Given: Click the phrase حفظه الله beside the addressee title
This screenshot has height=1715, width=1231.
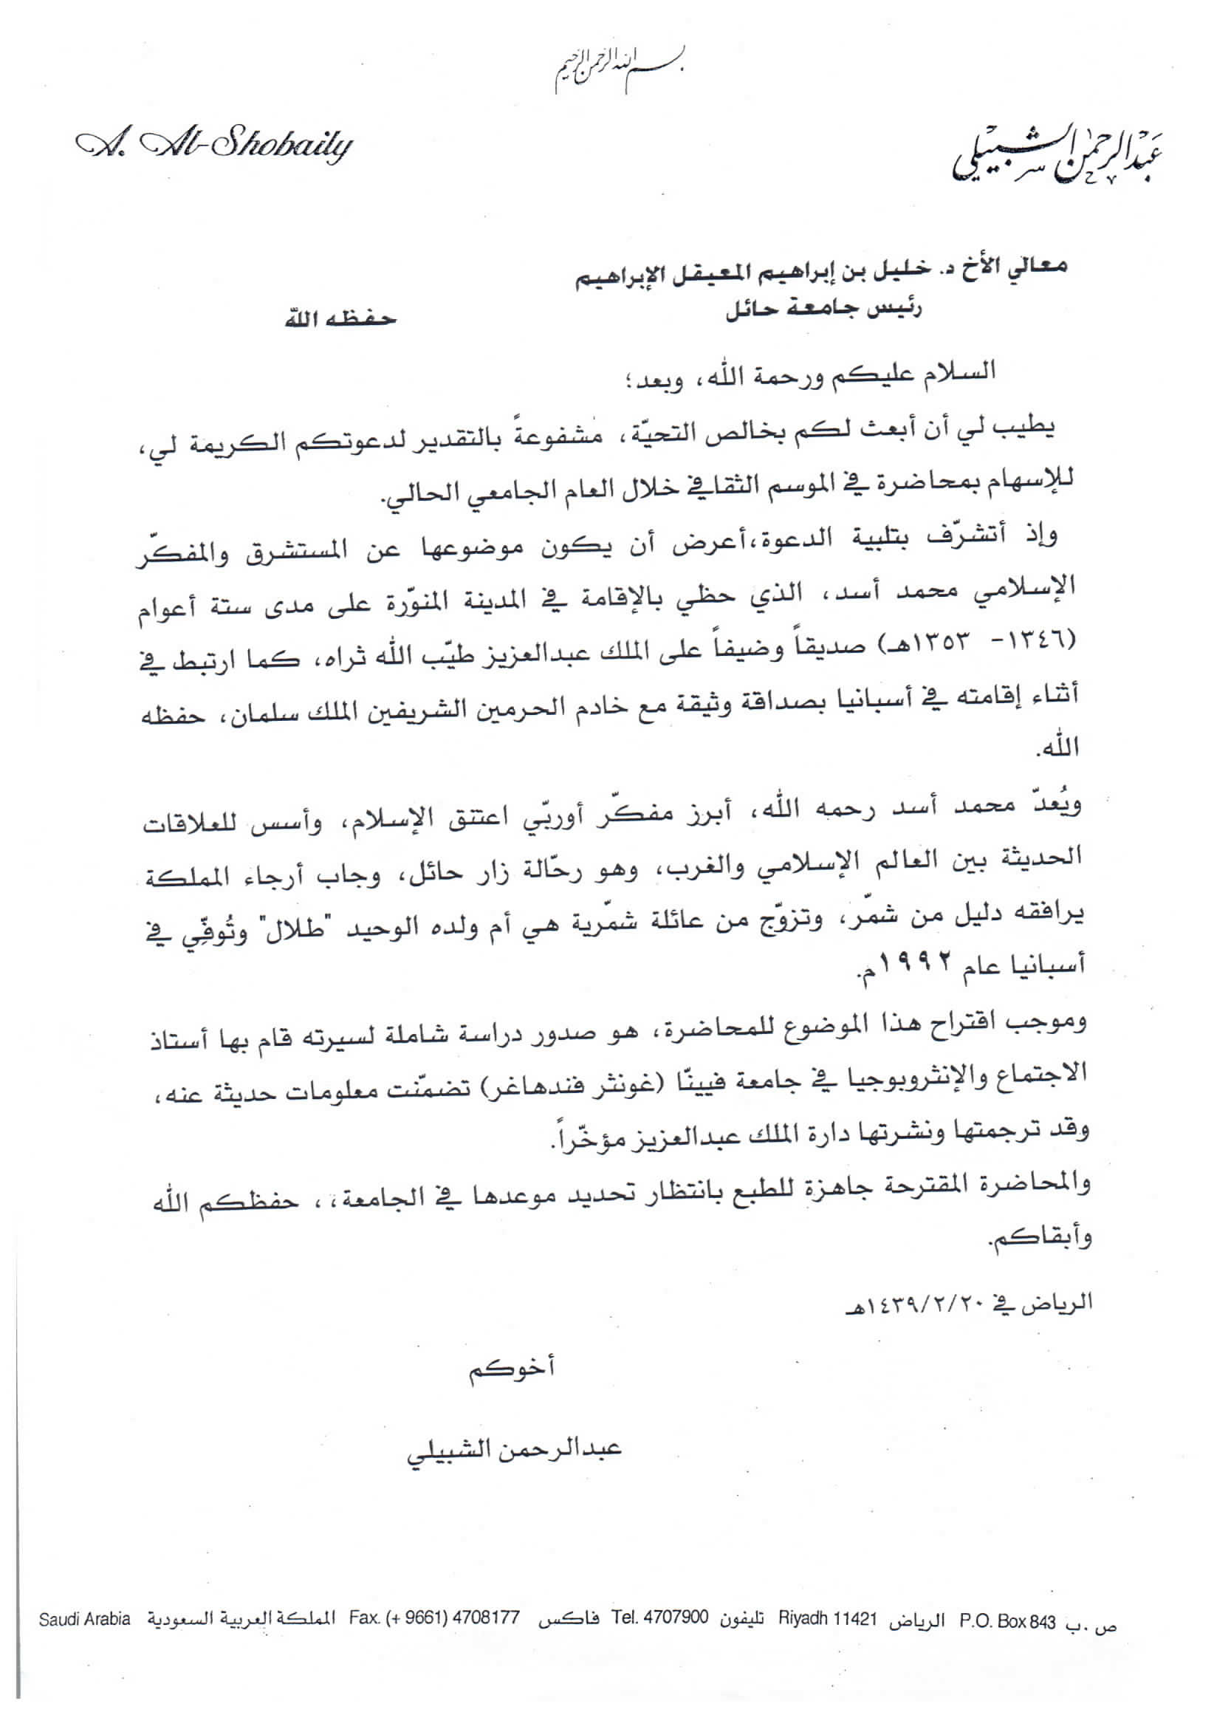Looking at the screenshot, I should (340, 318).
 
